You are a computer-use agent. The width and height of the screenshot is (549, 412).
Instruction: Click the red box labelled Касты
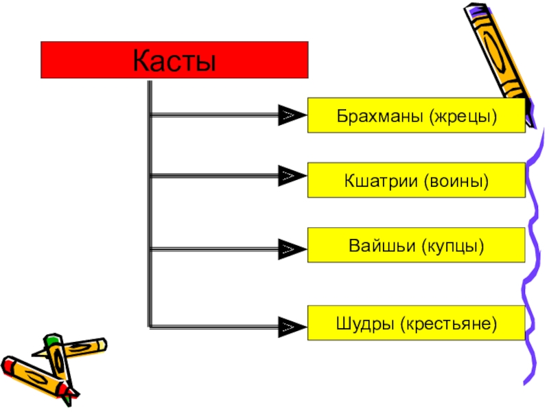click(x=174, y=60)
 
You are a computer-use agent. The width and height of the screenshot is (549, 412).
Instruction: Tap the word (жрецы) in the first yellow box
click(x=463, y=115)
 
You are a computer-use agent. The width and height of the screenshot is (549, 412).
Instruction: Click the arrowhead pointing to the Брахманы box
click(x=290, y=115)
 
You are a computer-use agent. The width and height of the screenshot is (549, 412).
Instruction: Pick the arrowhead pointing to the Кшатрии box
click(x=290, y=176)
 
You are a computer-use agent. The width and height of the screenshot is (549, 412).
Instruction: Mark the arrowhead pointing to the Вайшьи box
click(x=290, y=250)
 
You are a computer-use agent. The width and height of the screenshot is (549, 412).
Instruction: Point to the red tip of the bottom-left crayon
click(x=8, y=364)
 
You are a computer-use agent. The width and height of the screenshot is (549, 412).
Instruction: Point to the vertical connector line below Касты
click(x=149, y=206)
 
